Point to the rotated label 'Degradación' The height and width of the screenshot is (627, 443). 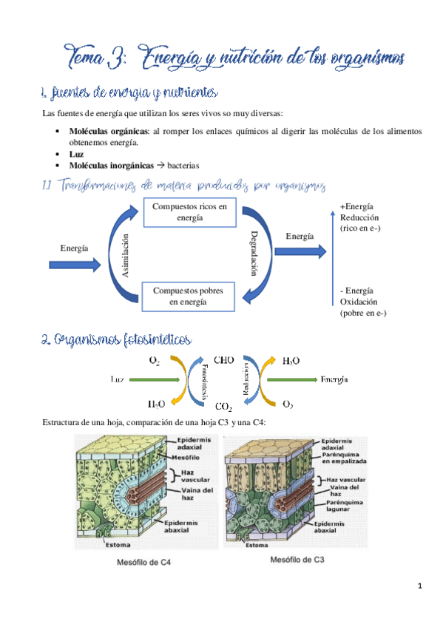254,254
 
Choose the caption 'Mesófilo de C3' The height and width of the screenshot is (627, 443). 294,560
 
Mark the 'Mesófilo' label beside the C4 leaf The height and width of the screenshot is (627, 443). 191,456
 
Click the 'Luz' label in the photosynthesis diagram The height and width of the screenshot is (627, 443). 116,379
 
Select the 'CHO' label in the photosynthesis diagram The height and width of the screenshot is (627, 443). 225,360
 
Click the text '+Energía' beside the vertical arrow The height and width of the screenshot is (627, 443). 356,207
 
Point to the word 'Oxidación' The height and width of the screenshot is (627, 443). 359,302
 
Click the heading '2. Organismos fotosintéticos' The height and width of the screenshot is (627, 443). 116,339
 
